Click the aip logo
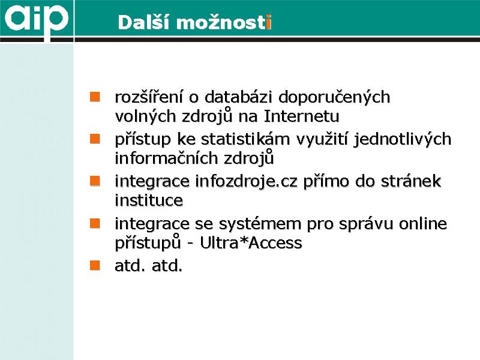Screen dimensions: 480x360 tap(36, 19)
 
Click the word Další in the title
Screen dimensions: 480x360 tap(143, 23)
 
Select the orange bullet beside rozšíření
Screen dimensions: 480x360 tap(95, 97)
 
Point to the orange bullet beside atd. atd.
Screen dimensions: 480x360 tap(95, 265)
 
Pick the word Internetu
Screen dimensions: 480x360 tap(302, 116)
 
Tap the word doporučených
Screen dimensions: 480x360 tap(334, 97)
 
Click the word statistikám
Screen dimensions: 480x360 tap(245, 139)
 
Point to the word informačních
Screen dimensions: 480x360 tap(166, 158)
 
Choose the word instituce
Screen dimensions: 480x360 tap(149, 200)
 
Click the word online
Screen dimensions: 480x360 tap(422, 223)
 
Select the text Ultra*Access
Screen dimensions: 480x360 tap(251, 243)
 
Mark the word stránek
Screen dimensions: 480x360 tap(411, 181)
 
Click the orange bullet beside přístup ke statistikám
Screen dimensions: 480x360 tap(95, 139)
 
